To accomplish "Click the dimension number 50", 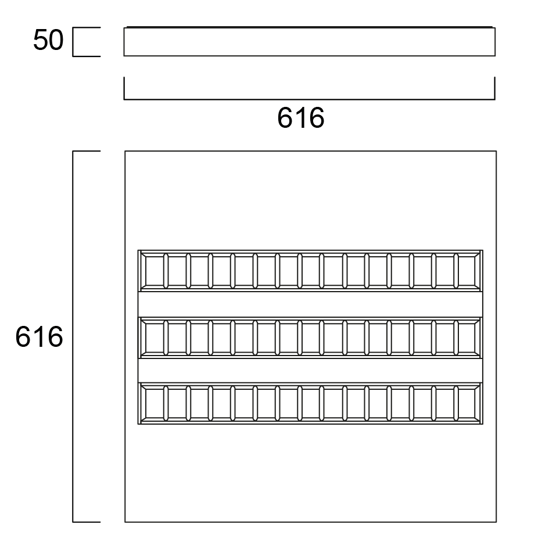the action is click(48, 40).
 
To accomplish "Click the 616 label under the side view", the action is click(301, 119).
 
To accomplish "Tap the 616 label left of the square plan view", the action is click(40, 337).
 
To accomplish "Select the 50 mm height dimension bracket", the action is click(73, 42).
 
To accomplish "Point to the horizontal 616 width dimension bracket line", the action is click(310, 99).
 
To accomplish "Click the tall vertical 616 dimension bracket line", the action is click(73, 336).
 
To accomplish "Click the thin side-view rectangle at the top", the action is click(310, 41).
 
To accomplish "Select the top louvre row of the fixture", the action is click(310, 271).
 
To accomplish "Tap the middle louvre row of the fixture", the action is click(310, 338).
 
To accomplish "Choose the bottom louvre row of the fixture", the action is click(310, 403).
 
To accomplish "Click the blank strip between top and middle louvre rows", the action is click(310, 304).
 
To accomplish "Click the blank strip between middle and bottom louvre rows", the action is click(310, 371).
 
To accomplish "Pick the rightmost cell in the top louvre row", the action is click(468, 271).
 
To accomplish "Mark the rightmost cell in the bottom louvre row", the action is click(468, 403).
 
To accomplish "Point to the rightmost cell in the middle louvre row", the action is click(468, 338).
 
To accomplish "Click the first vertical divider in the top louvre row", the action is click(166, 271).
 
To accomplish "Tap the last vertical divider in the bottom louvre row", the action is click(456, 403).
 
